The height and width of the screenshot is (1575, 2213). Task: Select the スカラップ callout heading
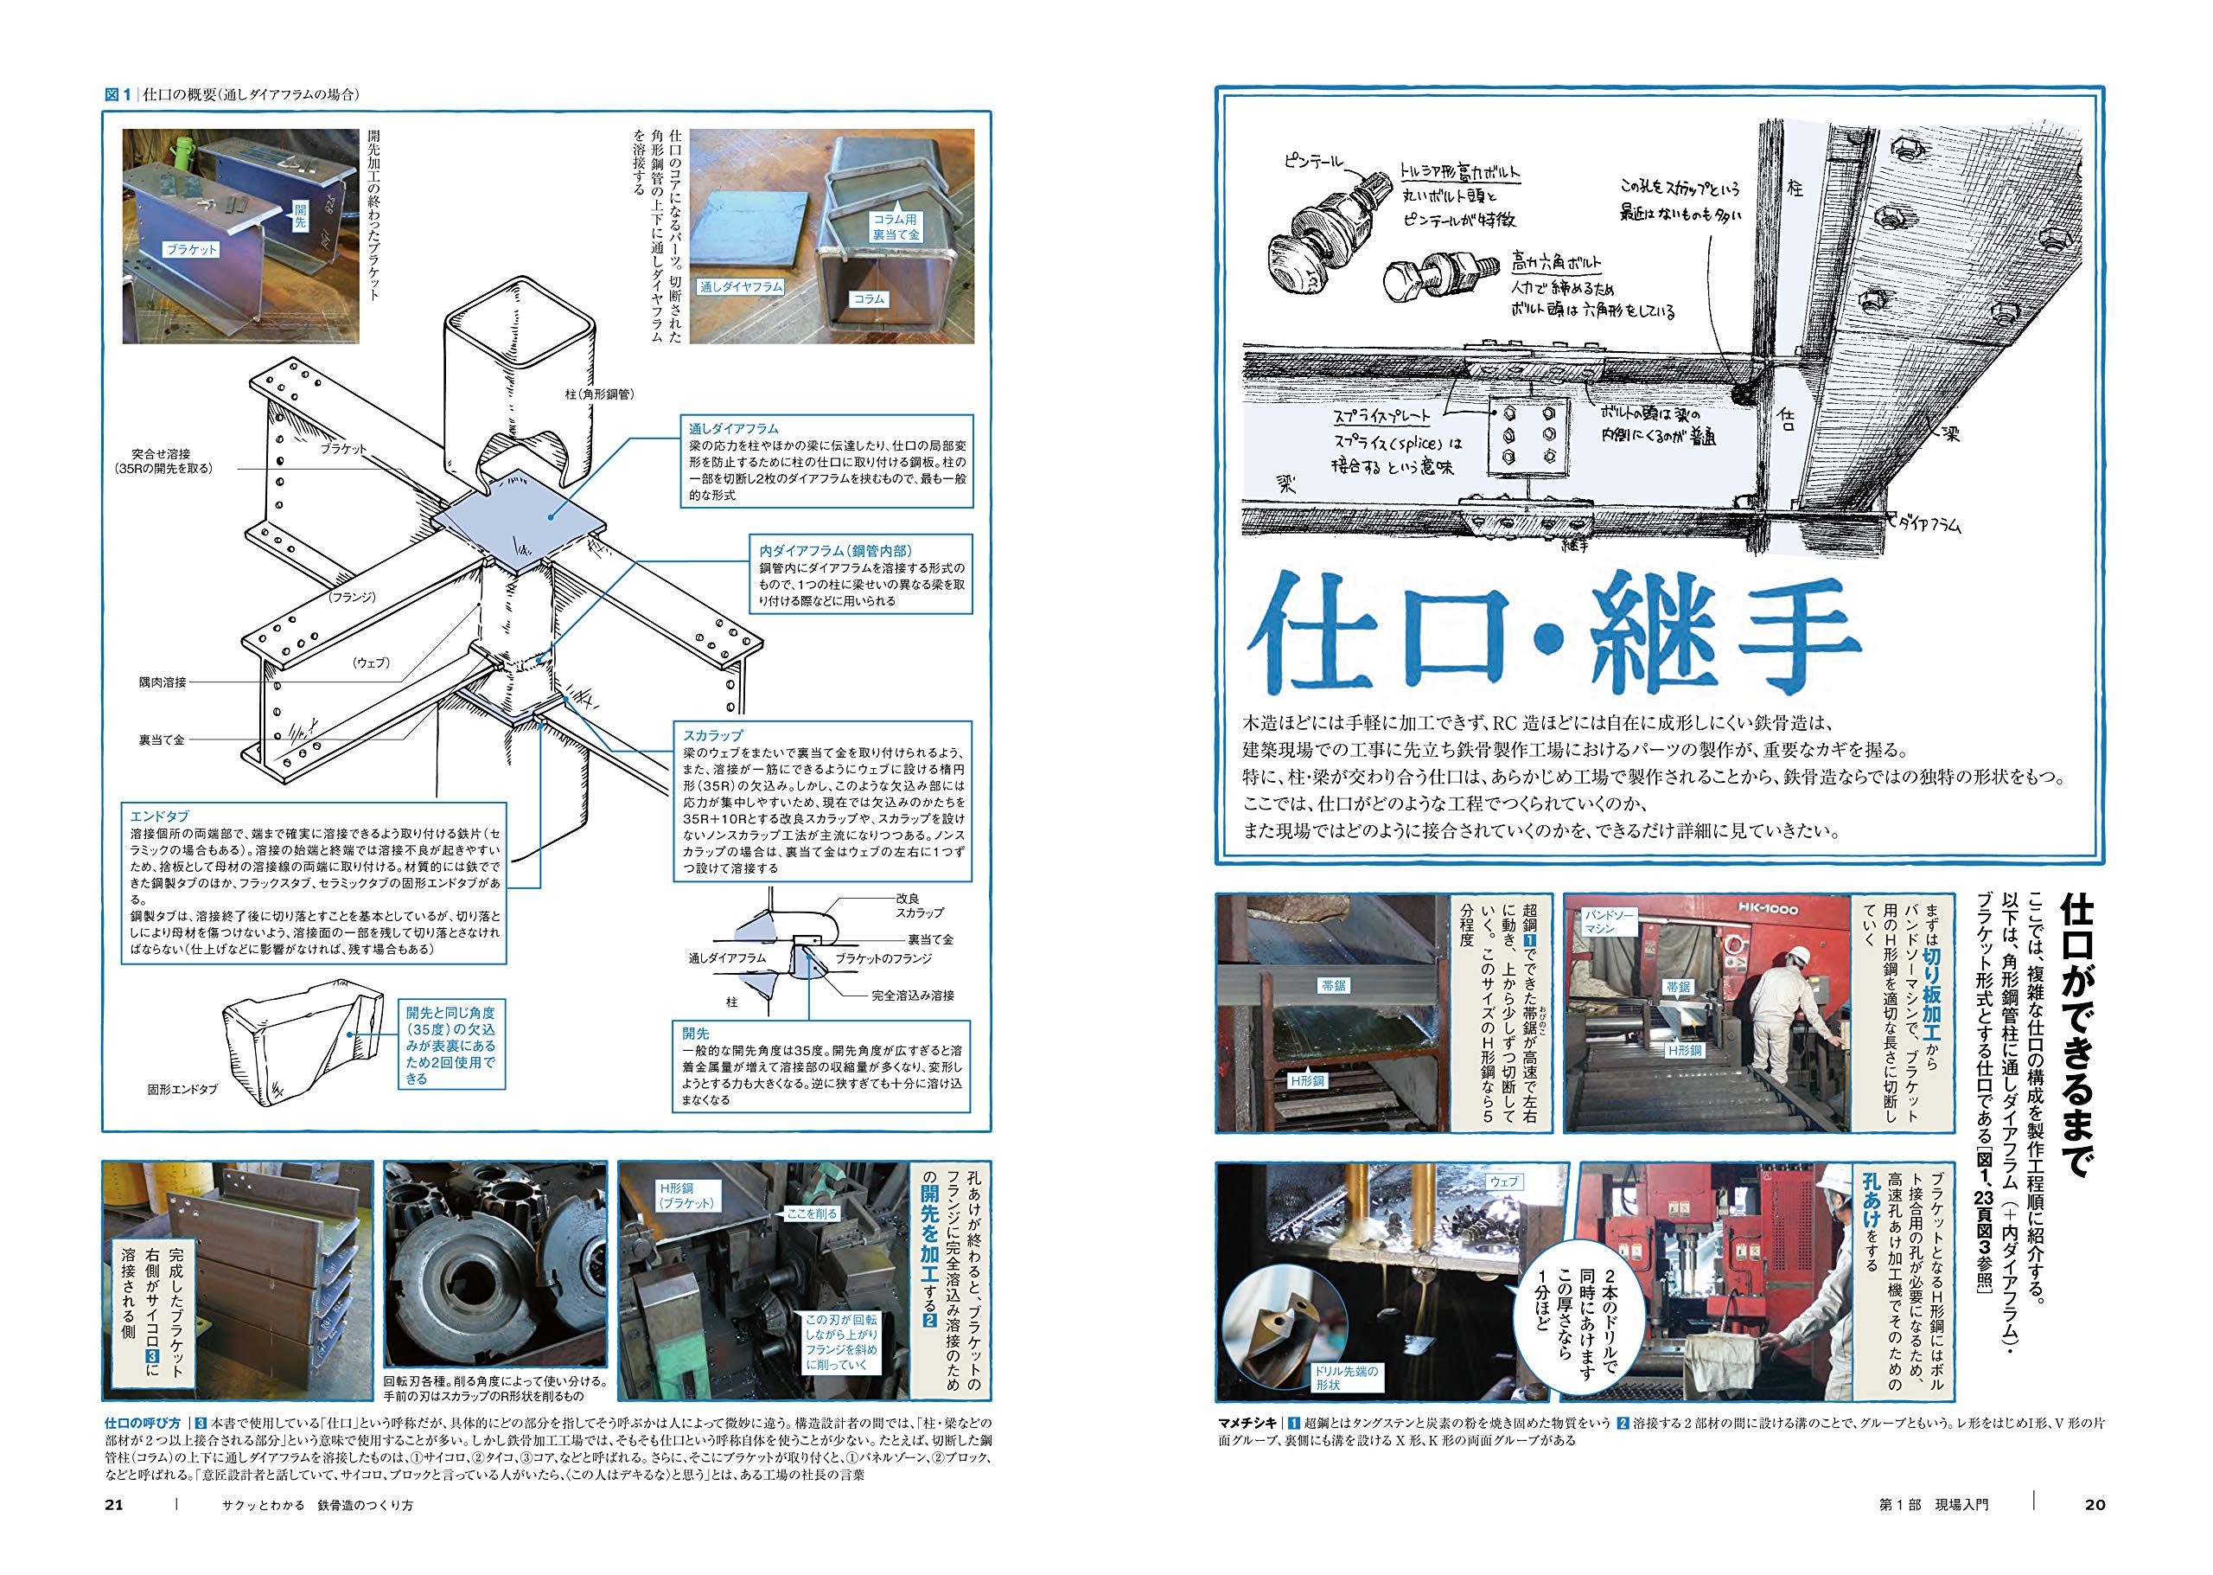tap(712, 736)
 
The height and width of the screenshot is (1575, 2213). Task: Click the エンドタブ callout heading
tap(160, 816)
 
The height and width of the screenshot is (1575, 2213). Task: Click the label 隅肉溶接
tap(162, 682)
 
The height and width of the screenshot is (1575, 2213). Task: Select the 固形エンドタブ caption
tap(182, 1089)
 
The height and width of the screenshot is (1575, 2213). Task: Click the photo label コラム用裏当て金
tap(895, 227)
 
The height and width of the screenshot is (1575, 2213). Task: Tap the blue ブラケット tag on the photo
tap(191, 250)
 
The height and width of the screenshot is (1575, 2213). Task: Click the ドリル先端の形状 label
tap(1345, 1378)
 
